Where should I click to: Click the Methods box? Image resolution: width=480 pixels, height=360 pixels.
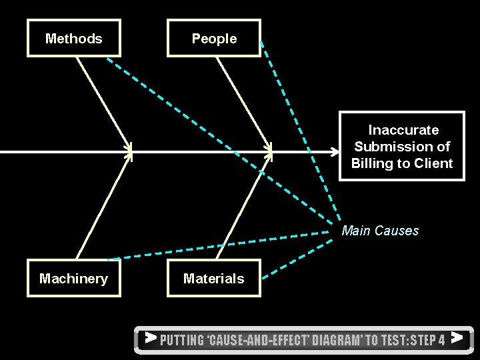(74, 39)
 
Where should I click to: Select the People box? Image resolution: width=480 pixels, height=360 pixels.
(214, 39)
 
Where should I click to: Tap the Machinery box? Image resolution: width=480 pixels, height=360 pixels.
(74, 279)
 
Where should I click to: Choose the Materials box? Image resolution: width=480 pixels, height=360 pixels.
(214, 279)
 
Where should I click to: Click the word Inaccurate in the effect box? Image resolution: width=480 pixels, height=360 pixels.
(403, 130)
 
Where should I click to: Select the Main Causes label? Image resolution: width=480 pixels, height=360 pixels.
(380, 231)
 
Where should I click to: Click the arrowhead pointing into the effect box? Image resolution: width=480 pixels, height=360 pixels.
(335, 152)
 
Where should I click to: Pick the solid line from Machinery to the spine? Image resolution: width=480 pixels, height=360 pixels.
(103, 207)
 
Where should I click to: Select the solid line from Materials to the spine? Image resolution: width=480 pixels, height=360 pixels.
(243, 207)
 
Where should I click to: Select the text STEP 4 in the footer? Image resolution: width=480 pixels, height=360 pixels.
(427, 340)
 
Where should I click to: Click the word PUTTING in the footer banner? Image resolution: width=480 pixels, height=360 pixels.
(182, 340)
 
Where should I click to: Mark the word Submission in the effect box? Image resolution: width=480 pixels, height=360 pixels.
(402, 147)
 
